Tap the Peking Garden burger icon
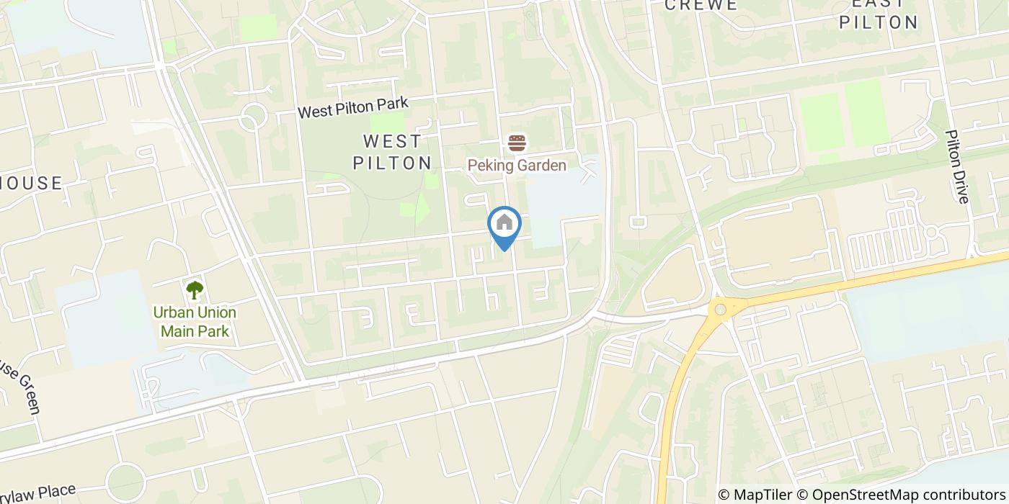tap(517, 143)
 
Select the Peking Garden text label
tap(517, 166)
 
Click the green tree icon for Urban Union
tap(195, 290)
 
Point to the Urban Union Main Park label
tap(195, 322)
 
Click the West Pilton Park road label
tap(353, 108)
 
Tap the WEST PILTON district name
tap(392, 151)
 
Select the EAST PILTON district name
tap(878, 13)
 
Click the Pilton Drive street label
tap(958, 166)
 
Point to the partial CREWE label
tap(701, 5)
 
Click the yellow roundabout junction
tap(719, 310)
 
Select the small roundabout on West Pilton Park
tap(252, 117)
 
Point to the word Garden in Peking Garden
tap(541, 166)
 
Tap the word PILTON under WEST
tap(392, 163)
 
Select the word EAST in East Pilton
tap(878, 4)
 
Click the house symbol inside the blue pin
tap(504, 222)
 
